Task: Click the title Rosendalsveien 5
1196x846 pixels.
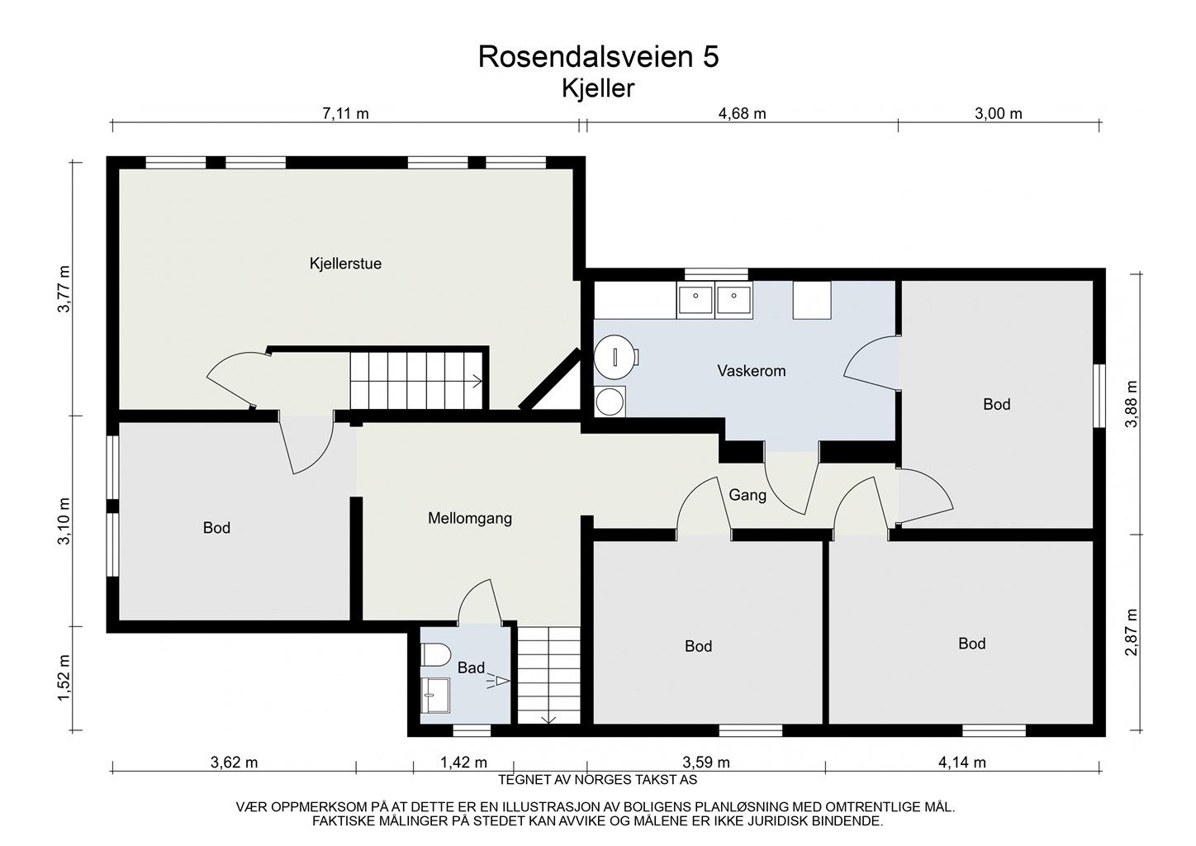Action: coord(598,57)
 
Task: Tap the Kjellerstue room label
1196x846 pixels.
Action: coord(345,264)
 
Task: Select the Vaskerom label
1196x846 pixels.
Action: coord(752,371)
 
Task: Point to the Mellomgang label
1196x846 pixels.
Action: coord(470,518)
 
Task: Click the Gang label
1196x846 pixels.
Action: coord(747,495)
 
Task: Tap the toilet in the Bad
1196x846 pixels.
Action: coord(435,654)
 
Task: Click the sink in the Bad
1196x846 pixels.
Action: coord(435,696)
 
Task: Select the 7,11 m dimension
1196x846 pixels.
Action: coord(345,114)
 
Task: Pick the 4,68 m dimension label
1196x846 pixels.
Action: coord(743,114)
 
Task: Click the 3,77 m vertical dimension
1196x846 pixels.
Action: coord(64,289)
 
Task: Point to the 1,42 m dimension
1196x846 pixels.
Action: coord(463,763)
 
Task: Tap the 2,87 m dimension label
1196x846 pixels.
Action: coord(1131,632)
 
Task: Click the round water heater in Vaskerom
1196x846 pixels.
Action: coord(615,357)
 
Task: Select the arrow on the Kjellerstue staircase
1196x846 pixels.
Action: coord(477,382)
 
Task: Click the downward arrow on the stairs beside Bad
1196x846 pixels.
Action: coord(549,719)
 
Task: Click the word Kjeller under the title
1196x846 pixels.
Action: coord(598,88)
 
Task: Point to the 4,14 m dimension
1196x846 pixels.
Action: coord(962,763)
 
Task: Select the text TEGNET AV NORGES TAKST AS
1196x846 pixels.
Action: coord(597,780)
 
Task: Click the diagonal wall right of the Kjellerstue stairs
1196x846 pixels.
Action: coord(549,379)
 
